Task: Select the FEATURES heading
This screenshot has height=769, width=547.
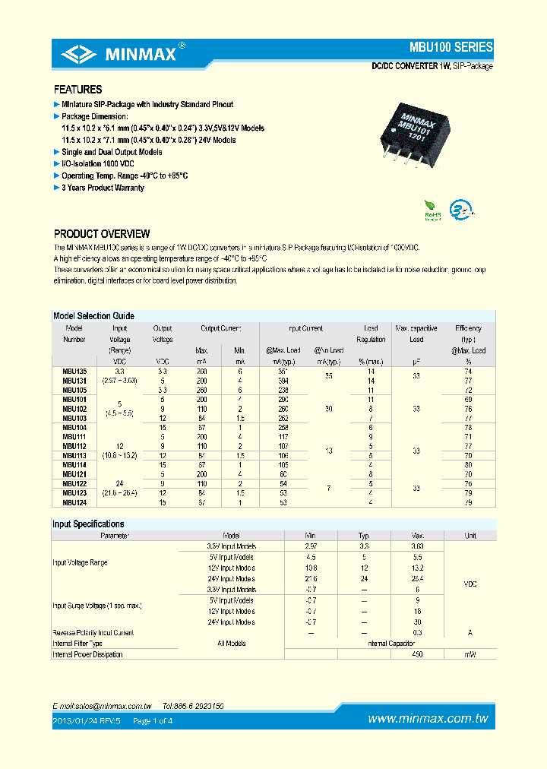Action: pos(77,90)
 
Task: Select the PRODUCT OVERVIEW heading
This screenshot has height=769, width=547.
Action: pos(102,234)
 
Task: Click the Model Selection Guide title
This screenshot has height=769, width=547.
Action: pos(93,315)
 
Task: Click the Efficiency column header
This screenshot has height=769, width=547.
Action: pos(468,328)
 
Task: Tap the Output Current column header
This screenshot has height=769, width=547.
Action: pos(220,328)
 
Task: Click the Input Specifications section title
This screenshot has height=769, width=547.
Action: pos(88,524)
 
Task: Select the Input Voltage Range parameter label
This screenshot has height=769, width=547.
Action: pos(80,562)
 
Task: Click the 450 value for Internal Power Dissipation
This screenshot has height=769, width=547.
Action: pos(417,654)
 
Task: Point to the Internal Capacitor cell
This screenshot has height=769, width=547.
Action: pos(390,643)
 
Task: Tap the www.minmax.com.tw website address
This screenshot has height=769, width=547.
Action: pos(427,719)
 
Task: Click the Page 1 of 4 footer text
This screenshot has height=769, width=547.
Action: pos(153,720)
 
